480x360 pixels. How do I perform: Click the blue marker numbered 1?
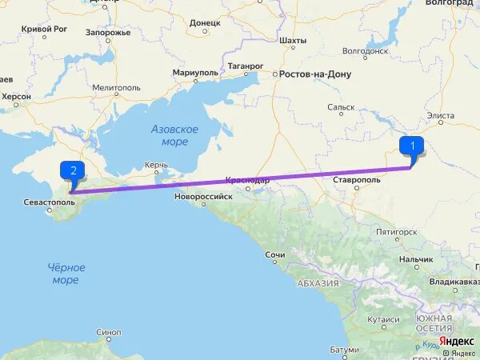412,146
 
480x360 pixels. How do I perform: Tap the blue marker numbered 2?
73,170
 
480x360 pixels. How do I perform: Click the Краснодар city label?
247,181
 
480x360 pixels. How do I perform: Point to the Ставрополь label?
357,181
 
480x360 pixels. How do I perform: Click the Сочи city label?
275,254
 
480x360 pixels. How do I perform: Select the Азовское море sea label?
174,135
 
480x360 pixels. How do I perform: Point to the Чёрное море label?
66,274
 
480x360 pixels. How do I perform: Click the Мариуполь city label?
194,73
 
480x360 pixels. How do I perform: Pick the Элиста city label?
440,116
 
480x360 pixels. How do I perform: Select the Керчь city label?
156,165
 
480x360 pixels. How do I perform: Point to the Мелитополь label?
116,87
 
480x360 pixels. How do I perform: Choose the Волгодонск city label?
364,50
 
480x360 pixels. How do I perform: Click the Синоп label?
108,332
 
